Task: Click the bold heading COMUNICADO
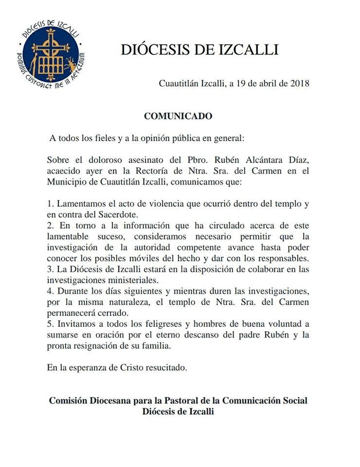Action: click(x=178, y=117)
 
